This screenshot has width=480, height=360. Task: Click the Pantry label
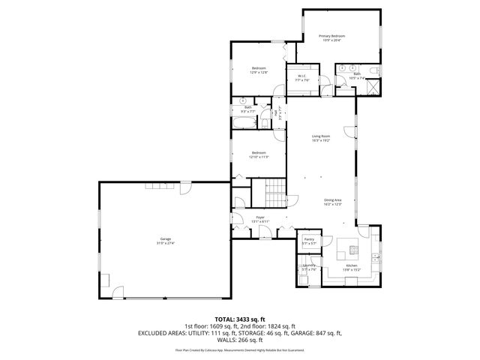(x=308, y=239)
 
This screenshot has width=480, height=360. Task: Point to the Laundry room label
(x=308, y=265)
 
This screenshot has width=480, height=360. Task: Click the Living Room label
(x=321, y=136)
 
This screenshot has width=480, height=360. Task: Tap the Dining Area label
(x=332, y=199)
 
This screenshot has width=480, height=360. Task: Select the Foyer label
(x=259, y=217)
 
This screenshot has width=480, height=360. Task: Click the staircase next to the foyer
(x=274, y=193)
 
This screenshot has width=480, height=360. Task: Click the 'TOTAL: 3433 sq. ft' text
(x=239, y=319)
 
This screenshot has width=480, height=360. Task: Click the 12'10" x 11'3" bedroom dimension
(x=259, y=157)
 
